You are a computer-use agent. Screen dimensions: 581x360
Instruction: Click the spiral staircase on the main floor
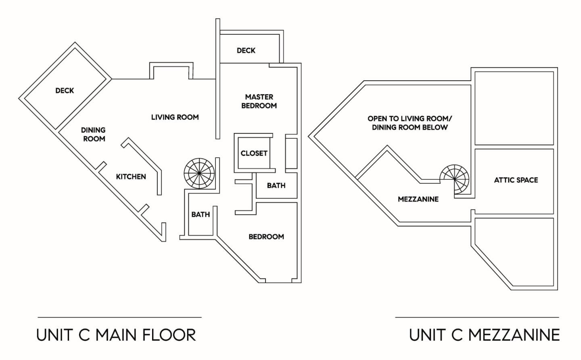tap(199, 173)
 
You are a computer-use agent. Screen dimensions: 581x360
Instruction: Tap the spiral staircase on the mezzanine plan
tap(454, 179)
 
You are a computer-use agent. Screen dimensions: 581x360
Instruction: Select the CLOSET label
tap(254, 154)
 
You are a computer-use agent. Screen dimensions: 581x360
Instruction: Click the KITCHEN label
tap(131, 177)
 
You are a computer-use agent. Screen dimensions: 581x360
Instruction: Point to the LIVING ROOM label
tap(175, 117)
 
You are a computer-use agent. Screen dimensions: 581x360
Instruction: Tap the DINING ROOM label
tap(93, 134)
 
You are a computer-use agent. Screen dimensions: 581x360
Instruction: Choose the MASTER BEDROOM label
tap(259, 101)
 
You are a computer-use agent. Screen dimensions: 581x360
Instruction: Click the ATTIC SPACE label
tap(516, 180)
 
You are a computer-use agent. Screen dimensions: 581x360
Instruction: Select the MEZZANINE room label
tap(418, 199)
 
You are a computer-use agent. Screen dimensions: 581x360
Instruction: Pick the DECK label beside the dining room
tap(65, 91)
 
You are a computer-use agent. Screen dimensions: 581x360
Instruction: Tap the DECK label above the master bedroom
tap(246, 50)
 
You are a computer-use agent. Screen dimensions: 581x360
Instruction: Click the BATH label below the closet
tap(276, 185)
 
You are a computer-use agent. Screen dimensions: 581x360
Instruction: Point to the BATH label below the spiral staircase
tap(201, 214)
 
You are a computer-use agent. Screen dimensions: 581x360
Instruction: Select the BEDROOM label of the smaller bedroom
tap(266, 237)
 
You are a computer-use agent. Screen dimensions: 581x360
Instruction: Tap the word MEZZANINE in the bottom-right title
tap(514, 335)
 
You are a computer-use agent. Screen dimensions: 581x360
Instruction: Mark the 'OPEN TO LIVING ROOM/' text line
tap(410, 119)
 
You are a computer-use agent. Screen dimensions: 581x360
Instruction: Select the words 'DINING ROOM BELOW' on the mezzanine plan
tap(410, 127)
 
